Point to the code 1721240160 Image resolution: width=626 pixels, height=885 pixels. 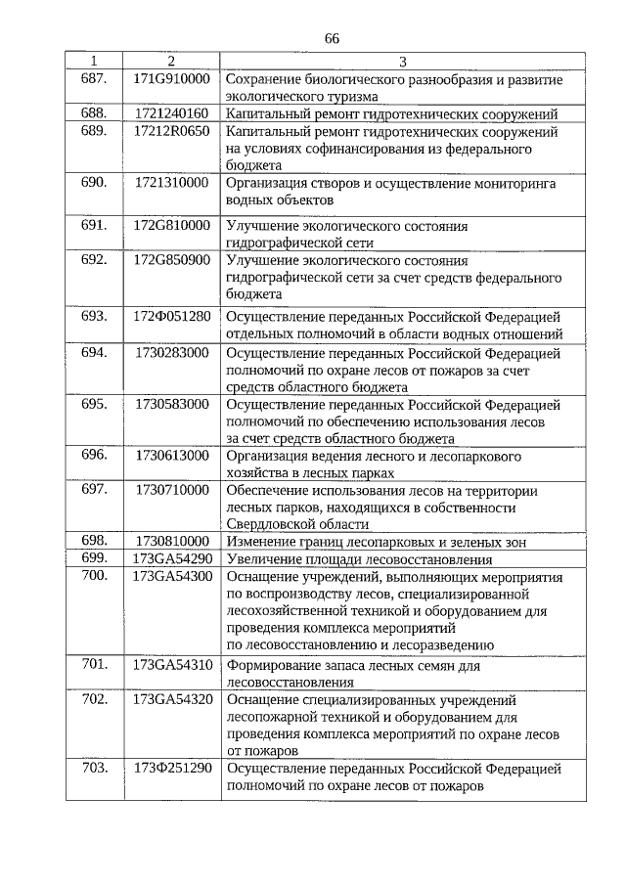(x=172, y=113)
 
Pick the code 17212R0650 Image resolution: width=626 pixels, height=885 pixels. (x=172, y=130)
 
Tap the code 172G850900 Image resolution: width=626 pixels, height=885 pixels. (x=172, y=260)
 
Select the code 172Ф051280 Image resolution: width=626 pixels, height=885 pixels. (x=172, y=316)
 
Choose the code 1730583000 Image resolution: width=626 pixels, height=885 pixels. (x=172, y=404)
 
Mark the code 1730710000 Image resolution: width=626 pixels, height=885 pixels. (x=172, y=489)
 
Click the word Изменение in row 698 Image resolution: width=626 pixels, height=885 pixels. (x=262, y=541)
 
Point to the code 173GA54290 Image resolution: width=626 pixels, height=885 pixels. (x=172, y=558)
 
